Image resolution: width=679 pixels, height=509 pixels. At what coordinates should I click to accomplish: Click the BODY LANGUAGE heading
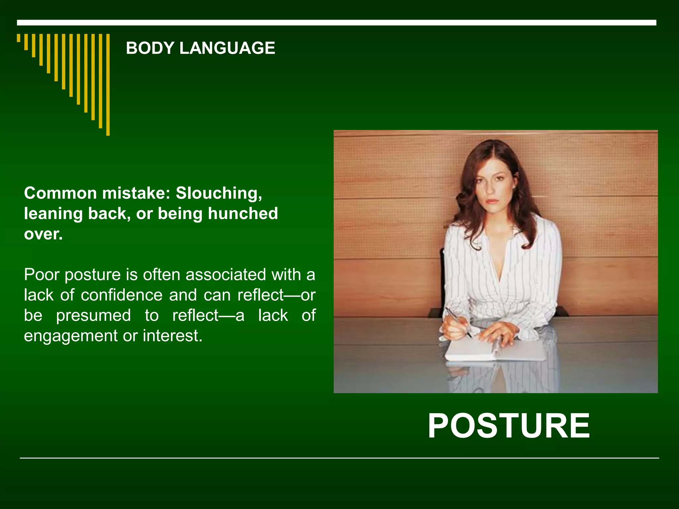(x=200, y=48)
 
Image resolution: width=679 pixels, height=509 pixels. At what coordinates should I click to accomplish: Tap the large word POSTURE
(x=509, y=426)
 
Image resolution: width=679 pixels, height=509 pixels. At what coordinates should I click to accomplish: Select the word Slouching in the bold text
(x=218, y=193)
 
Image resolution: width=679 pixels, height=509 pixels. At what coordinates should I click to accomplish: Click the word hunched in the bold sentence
(x=243, y=214)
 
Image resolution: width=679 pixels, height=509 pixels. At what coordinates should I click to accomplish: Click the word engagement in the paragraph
(x=71, y=336)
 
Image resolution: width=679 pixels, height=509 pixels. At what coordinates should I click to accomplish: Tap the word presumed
(x=93, y=315)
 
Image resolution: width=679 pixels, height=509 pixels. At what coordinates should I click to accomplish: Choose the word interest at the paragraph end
(x=172, y=336)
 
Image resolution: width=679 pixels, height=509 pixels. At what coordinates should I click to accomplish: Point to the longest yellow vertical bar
(x=108, y=85)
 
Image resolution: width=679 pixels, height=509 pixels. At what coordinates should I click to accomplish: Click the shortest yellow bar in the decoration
(x=19, y=38)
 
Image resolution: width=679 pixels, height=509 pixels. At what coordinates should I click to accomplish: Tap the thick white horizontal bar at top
(x=337, y=23)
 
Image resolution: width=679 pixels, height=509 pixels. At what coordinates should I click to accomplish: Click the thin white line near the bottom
(x=339, y=458)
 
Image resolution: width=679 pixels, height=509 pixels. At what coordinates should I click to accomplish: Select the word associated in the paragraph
(x=225, y=275)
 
